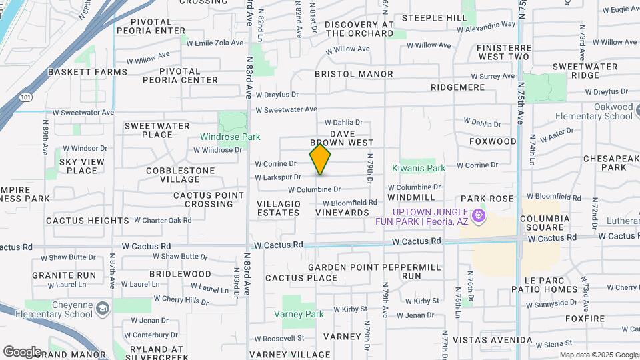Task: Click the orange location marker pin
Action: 320,160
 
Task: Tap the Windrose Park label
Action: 230,137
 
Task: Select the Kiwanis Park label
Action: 418,169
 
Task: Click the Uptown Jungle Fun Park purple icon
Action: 477,216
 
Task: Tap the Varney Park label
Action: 299,314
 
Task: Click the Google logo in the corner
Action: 22,351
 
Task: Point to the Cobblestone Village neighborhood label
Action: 180,175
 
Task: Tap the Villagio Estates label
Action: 279,208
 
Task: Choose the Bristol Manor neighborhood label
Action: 353,74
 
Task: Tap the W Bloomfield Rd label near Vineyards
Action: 350,203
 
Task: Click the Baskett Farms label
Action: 87,72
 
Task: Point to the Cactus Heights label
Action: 87,221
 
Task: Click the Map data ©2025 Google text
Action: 598,355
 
